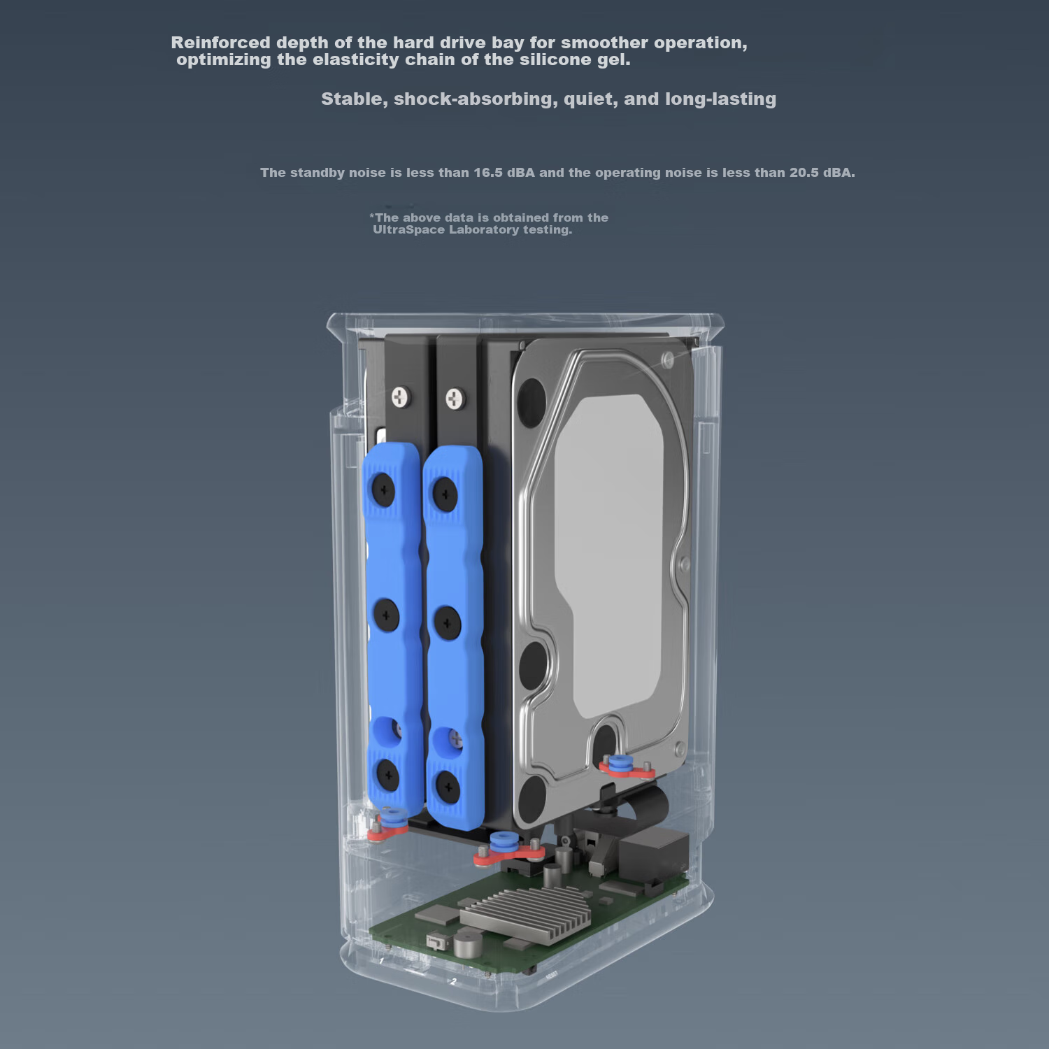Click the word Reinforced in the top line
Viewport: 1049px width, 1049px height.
[x=220, y=43]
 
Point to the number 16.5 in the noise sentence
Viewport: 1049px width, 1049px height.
[x=488, y=173]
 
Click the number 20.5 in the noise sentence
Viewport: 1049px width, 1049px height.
[x=804, y=173]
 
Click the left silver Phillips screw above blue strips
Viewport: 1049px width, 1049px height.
[x=399, y=397]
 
